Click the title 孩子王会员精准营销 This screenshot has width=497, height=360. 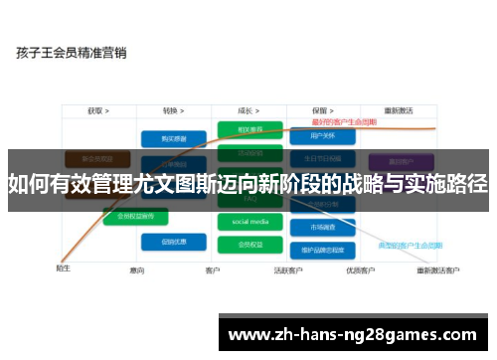pos(71,54)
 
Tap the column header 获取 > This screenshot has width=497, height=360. pos(97,110)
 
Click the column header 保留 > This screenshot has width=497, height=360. pos(320,110)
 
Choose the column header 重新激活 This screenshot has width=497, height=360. pos(398,110)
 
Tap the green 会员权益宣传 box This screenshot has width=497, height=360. pos(135,215)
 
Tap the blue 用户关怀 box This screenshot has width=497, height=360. pos(320,136)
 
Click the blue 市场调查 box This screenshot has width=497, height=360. pos(320,227)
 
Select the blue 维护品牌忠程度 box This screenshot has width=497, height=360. pos(320,250)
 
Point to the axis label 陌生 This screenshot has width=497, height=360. pos(62,267)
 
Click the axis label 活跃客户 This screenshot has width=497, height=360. pos(288,270)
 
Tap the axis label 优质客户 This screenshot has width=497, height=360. pos(359,270)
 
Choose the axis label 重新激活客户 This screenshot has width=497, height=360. pos(437,270)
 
